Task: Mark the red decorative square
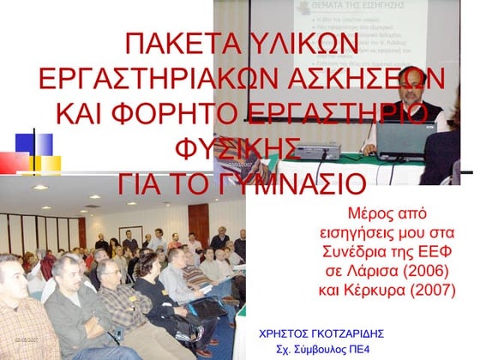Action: [15, 163]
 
